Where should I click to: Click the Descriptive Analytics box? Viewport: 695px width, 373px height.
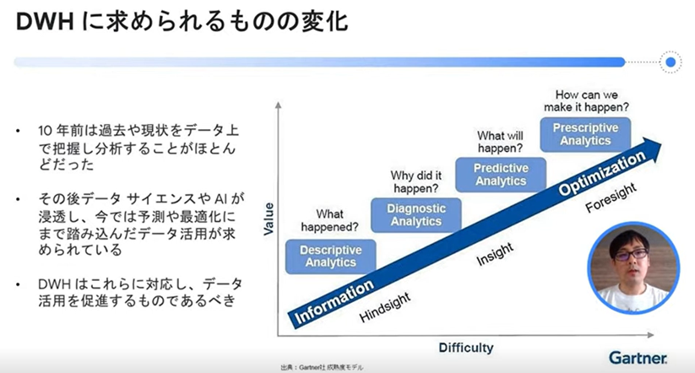tap(331, 257)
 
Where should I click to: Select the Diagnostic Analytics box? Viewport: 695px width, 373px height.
tap(415, 215)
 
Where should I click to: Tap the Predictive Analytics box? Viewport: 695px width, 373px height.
tap(501, 175)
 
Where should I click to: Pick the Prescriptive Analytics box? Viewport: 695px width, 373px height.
tap(585, 134)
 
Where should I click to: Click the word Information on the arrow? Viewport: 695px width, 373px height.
tap(334, 301)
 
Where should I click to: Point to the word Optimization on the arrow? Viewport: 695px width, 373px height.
tap(601, 172)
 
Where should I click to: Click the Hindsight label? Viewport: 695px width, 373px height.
tap(385, 307)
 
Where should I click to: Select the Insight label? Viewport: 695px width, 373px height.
tap(495, 254)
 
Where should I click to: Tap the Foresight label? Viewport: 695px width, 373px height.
tap(611, 197)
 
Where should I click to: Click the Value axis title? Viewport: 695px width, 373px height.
tap(269, 219)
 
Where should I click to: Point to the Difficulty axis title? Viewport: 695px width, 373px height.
tap(466, 348)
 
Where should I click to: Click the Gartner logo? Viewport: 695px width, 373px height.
tap(638, 358)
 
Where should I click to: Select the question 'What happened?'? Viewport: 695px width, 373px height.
tap(330, 220)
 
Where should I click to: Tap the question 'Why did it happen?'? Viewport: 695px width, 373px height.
tap(415, 182)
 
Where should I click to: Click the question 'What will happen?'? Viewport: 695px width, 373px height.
tap(500, 142)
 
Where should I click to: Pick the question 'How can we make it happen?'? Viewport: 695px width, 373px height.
tap(586, 101)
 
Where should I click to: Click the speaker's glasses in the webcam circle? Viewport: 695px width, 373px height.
tap(632, 255)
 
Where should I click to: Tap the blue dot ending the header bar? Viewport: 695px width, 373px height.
tap(671, 62)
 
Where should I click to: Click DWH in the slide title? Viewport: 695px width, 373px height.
tap(45, 22)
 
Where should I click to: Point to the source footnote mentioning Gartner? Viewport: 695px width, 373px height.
tap(322, 367)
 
